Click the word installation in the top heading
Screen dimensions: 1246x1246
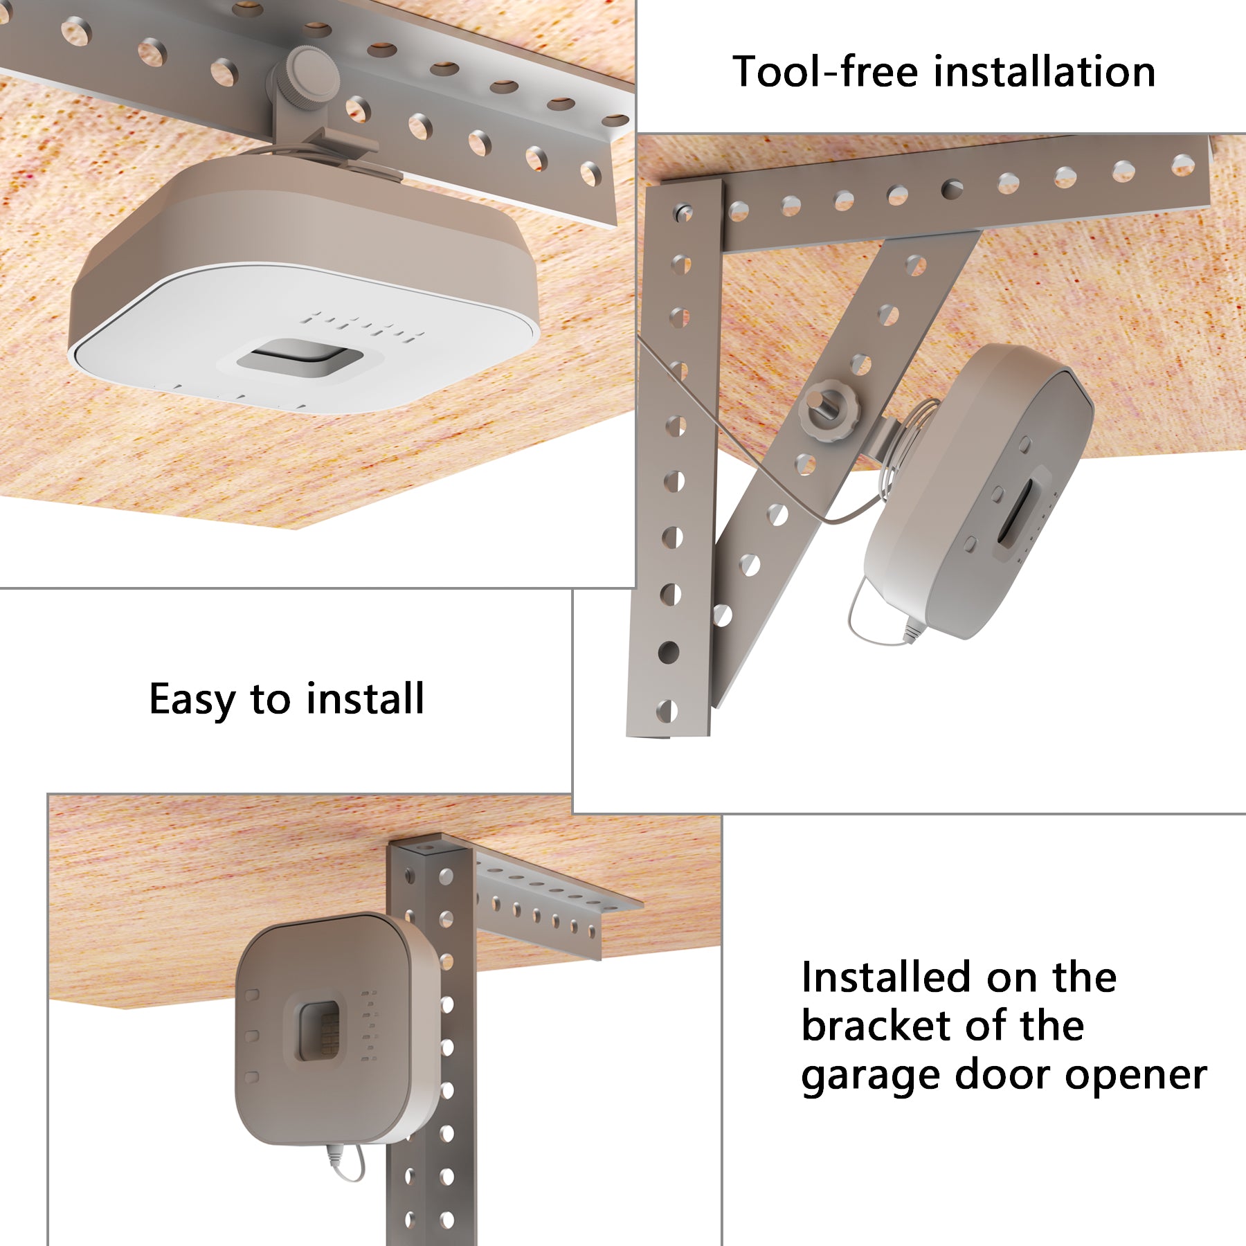click(x=1044, y=72)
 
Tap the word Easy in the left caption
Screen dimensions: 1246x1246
click(x=192, y=699)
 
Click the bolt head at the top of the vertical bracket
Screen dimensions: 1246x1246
click(x=683, y=210)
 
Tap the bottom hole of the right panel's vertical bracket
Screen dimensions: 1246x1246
click(x=666, y=710)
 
